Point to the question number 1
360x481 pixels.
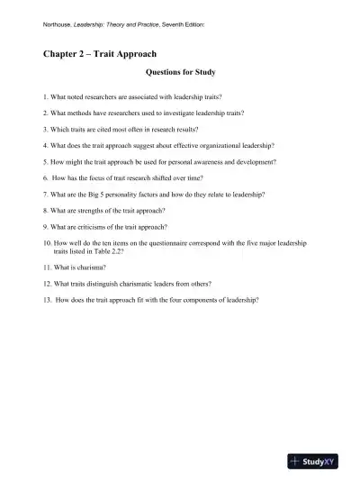[45, 95]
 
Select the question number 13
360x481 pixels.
[48, 301]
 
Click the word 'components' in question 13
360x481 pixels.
[193, 301]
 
